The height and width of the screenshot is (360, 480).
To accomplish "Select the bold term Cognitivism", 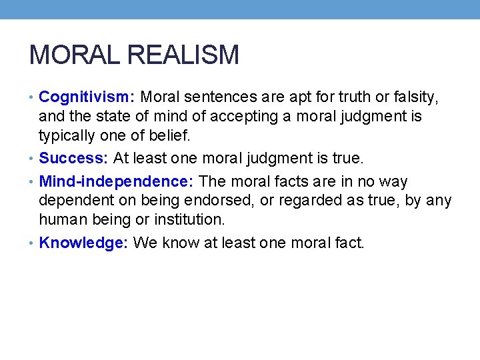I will [x=87, y=97].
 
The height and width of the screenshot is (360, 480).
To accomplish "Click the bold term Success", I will [x=73, y=159].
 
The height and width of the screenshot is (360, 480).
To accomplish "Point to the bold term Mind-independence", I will [x=117, y=181].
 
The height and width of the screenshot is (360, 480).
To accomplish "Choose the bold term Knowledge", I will [x=83, y=243].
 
